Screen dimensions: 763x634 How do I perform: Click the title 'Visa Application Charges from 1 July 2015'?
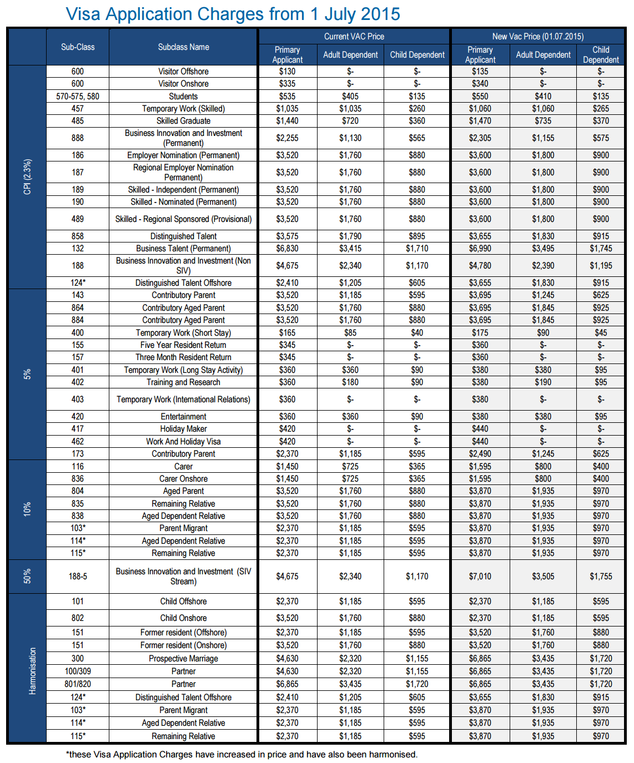(x=233, y=14)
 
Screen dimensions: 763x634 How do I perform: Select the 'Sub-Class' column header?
(x=78, y=47)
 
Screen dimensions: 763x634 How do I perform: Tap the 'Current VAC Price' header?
(x=354, y=37)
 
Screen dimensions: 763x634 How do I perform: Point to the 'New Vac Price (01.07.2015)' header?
(x=537, y=37)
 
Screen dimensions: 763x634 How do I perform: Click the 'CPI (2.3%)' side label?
(x=27, y=177)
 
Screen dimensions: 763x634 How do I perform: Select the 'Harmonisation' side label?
(x=32, y=671)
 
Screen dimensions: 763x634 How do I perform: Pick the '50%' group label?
(x=27, y=576)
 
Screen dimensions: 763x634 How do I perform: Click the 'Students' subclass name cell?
(x=183, y=96)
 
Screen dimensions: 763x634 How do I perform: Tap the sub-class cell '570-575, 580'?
(x=78, y=96)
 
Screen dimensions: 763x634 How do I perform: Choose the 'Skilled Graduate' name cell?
(x=183, y=121)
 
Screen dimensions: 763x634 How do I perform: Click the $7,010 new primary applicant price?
(x=480, y=577)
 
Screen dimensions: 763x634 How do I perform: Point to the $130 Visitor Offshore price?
(x=287, y=72)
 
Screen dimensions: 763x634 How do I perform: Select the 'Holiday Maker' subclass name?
(x=183, y=429)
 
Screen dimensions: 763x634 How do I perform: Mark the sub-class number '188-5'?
(x=78, y=577)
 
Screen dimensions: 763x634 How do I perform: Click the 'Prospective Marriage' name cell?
(x=183, y=659)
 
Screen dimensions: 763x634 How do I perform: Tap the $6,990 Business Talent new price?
(x=480, y=249)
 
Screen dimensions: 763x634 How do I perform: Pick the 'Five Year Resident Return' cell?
(x=183, y=345)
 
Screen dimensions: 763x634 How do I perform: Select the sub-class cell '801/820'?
(x=78, y=684)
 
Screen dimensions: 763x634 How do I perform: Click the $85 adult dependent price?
(x=350, y=333)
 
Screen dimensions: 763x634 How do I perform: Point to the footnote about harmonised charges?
(x=241, y=755)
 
